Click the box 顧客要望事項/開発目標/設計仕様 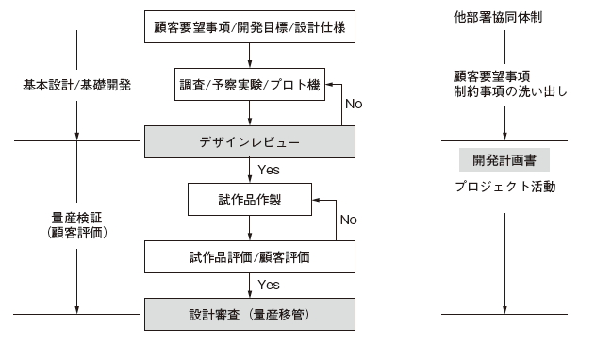point(250,27)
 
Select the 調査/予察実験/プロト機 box point(250,85)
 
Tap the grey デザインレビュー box point(250,141)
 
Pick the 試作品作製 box point(250,199)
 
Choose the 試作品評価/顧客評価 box point(250,254)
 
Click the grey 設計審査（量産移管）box point(250,312)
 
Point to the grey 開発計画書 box point(504,160)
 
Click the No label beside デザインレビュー point(353,105)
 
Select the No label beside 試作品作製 point(348,220)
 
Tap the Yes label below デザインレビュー point(267,170)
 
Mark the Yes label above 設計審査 point(267,284)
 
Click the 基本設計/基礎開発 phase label point(75,85)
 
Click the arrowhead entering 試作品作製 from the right point(317,199)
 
